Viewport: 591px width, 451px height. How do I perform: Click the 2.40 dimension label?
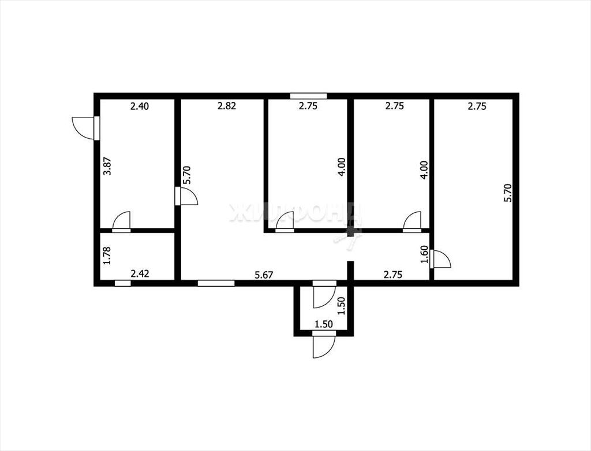(140, 106)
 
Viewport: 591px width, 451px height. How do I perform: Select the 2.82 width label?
(227, 106)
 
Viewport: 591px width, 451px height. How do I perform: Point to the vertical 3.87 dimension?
(108, 166)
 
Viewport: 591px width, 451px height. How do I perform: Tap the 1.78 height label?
(107, 256)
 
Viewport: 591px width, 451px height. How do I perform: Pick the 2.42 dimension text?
(140, 273)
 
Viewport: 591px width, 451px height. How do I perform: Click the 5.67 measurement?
(264, 275)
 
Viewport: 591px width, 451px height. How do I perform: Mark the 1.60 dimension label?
(424, 255)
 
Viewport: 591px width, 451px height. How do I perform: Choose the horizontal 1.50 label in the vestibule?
(324, 324)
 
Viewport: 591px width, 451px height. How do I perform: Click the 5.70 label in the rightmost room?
(508, 193)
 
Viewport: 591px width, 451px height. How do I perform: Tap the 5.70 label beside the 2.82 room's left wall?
(186, 175)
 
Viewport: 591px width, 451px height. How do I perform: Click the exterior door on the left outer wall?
(86, 128)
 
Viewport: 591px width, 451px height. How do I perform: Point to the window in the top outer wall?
(308, 96)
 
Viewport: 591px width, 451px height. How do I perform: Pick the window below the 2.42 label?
(123, 283)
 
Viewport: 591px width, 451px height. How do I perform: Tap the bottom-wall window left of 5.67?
(216, 283)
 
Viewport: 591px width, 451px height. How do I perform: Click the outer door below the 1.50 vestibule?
(324, 344)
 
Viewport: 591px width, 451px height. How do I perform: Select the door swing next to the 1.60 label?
(440, 258)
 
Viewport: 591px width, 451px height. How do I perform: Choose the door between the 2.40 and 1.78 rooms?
(121, 221)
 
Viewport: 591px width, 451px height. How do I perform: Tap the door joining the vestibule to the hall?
(324, 294)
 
